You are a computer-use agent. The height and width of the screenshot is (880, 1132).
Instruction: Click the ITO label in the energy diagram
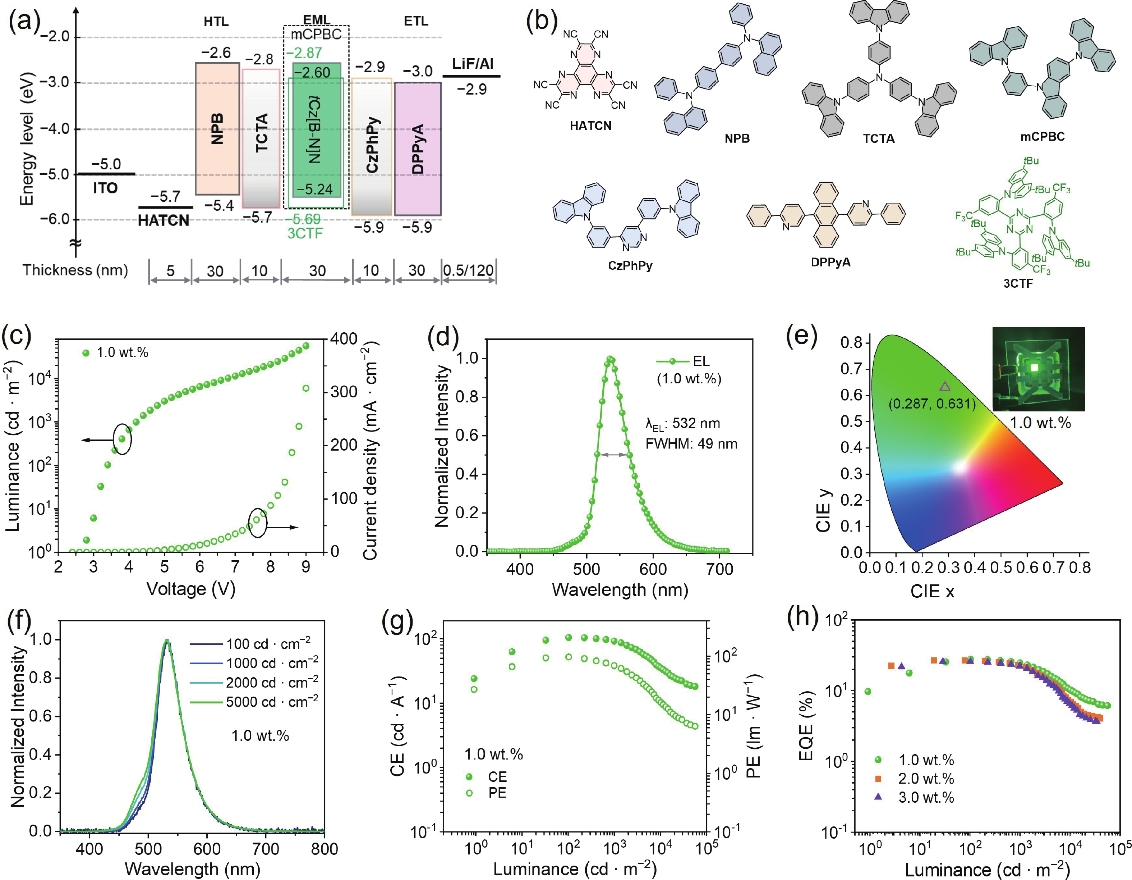coord(105,188)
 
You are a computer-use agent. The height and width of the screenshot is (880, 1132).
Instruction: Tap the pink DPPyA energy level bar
coord(418,149)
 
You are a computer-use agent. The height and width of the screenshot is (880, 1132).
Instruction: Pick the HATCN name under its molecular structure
coord(590,126)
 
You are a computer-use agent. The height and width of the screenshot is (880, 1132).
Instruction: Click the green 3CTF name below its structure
coord(1018,283)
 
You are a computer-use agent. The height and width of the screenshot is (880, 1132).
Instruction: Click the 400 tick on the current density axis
coord(344,339)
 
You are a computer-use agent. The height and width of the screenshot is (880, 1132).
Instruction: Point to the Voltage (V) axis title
coord(191,589)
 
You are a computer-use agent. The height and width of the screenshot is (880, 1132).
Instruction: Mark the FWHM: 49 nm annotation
coord(691,444)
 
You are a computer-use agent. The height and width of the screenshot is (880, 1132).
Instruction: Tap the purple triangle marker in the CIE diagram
coord(945,386)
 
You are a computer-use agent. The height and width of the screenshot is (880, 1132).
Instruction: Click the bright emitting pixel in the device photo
coord(1035,368)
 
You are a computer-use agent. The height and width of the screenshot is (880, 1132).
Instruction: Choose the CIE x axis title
coord(932,591)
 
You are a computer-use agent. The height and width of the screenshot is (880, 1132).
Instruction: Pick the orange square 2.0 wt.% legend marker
coord(878,778)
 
